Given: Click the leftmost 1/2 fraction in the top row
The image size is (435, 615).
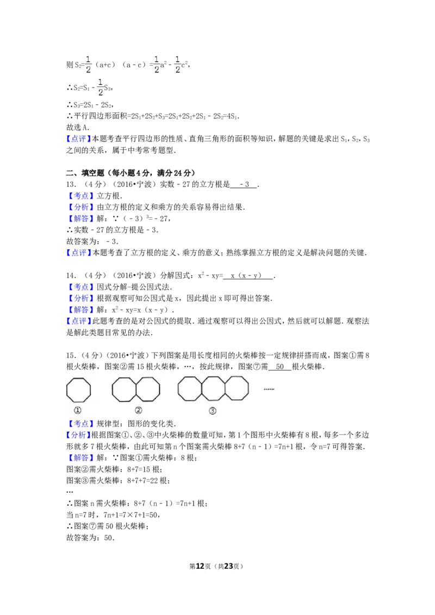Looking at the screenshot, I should click(x=89, y=63).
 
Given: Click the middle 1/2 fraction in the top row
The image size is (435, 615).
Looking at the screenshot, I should click(x=157, y=63).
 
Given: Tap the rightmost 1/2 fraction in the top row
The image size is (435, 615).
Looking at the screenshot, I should click(x=177, y=63).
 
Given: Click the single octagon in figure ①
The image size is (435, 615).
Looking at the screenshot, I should click(x=78, y=390).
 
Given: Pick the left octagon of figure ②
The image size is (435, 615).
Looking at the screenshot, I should click(x=124, y=390).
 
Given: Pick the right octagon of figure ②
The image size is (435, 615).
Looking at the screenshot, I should click(x=148, y=390).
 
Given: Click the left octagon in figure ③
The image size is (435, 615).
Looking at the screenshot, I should click(x=190, y=388).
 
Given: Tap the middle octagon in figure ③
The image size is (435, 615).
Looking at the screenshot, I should click(x=213, y=388).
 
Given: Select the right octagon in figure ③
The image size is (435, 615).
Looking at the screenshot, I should click(x=237, y=388).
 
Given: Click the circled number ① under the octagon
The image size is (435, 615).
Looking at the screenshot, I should click(x=78, y=411).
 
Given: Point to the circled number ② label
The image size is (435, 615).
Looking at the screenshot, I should click(x=139, y=411).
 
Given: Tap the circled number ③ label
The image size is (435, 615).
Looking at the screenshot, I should click(x=213, y=411).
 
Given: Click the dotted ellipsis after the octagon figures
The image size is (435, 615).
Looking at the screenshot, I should click(x=269, y=389).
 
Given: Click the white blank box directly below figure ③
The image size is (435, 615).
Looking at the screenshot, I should click(x=207, y=424).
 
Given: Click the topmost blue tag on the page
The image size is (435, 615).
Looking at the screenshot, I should click(x=78, y=139).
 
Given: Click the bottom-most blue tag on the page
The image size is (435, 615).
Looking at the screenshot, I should click(x=80, y=459).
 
